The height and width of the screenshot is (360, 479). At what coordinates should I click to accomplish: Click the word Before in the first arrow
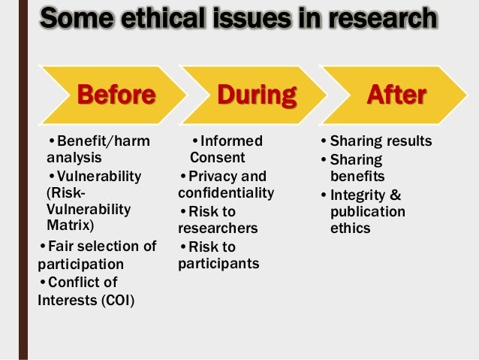pyautogui.click(x=116, y=95)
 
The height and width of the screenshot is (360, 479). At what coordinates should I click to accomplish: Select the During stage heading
pyautogui.click(x=257, y=95)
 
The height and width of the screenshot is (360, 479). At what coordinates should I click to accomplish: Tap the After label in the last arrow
pyautogui.click(x=396, y=95)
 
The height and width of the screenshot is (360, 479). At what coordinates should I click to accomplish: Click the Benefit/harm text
pyautogui.click(x=103, y=141)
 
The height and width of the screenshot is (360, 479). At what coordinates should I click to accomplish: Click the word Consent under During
pyautogui.click(x=217, y=157)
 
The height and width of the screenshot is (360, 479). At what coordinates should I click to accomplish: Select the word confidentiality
pyautogui.click(x=226, y=193)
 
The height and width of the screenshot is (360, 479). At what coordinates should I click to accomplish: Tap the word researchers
pyautogui.click(x=218, y=228)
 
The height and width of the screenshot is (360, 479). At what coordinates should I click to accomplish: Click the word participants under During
pyautogui.click(x=218, y=263)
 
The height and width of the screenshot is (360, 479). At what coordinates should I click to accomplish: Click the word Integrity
pyautogui.click(x=360, y=195)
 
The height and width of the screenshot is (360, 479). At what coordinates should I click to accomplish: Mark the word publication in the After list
pyautogui.click(x=367, y=212)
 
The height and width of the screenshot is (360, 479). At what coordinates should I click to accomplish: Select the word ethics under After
pyautogui.click(x=350, y=228)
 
